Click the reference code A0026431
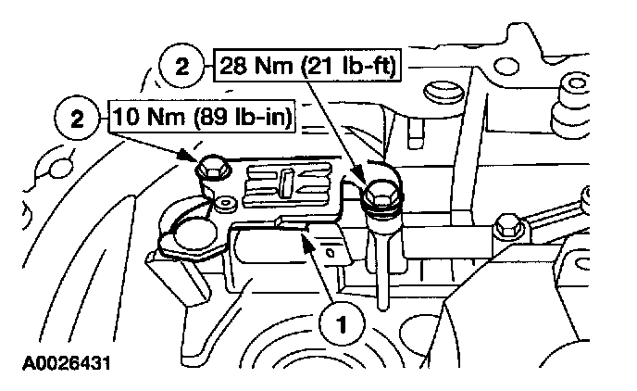(x=62, y=357)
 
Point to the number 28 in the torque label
(x=233, y=68)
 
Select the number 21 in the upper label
(x=327, y=68)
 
